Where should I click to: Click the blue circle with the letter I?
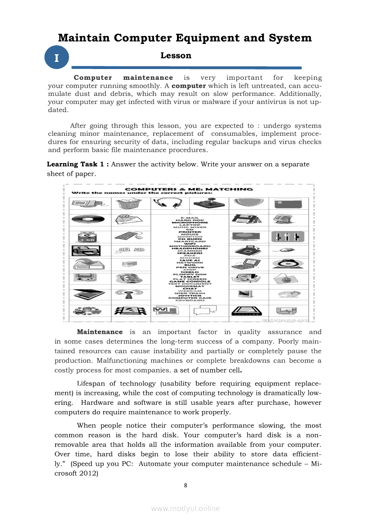[x=56, y=58]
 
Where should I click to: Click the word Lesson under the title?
[x=176, y=56]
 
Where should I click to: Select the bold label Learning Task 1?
[x=78, y=164]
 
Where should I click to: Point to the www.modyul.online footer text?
[x=185, y=508]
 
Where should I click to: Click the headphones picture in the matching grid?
[x=169, y=204]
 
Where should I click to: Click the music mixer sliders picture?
[x=287, y=236]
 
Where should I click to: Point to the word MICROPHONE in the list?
[x=189, y=222]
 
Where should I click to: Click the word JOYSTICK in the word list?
[x=189, y=295]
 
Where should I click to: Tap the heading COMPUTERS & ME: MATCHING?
[x=189, y=189]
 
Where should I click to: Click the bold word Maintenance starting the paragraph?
[x=100, y=332]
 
